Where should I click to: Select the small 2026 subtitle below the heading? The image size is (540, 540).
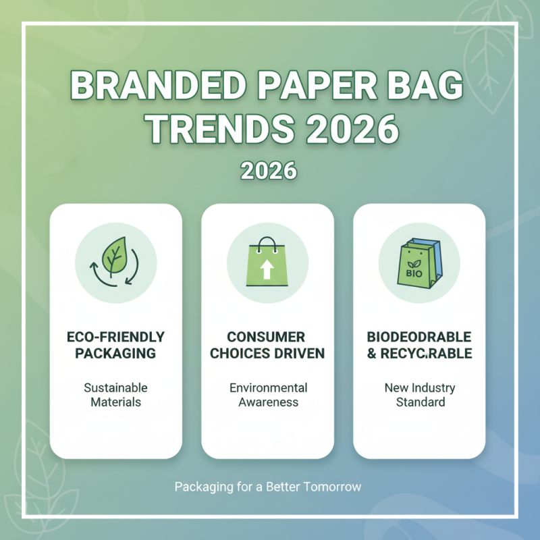(269, 171)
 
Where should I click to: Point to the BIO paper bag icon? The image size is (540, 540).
(419, 263)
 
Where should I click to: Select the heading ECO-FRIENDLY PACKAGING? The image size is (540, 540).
(115, 345)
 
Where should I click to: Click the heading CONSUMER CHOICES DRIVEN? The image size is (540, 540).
(267, 345)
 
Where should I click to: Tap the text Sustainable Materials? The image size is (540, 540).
(115, 395)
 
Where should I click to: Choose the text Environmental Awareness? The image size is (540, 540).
(268, 395)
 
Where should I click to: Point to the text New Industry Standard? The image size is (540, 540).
(419, 395)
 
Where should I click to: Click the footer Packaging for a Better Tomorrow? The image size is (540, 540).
(269, 486)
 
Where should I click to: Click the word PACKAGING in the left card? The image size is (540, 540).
(115, 353)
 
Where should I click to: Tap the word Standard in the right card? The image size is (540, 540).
(419, 402)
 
